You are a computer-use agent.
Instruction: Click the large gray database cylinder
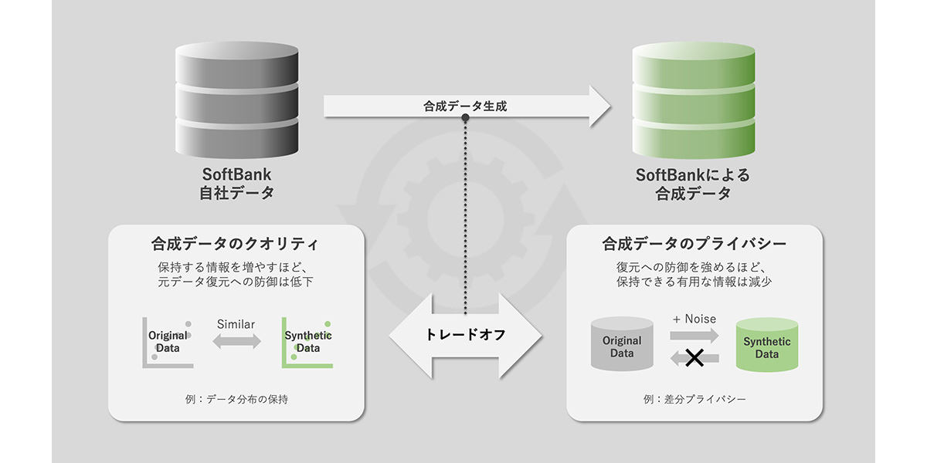(236, 100)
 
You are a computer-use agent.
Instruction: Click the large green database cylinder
(694, 100)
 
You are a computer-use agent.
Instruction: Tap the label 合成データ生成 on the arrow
(465, 106)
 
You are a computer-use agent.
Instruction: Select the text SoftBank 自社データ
(236, 184)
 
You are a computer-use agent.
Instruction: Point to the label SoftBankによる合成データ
(693, 184)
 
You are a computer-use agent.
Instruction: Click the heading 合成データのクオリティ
(235, 244)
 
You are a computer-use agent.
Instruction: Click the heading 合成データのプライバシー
(694, 244)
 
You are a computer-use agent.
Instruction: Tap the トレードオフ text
(466, 334)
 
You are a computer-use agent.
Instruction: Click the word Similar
(236, 324)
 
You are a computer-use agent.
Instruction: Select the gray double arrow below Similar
(236, 341)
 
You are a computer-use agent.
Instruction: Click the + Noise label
(694, 319)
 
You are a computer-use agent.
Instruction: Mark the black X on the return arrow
(694, 358)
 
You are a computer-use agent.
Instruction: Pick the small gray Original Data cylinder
(622, 344)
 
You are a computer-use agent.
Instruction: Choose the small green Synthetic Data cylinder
(767, 345)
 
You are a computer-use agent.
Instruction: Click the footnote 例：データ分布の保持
(236, 399)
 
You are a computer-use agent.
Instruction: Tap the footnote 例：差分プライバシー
(694, 399)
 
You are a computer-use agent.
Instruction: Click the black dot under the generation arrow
(465, 118)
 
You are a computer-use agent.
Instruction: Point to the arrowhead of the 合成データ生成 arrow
(611, 106)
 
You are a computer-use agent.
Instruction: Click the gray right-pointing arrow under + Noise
(694, 335)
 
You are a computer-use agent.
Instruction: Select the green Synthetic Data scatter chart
(307, 343)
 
